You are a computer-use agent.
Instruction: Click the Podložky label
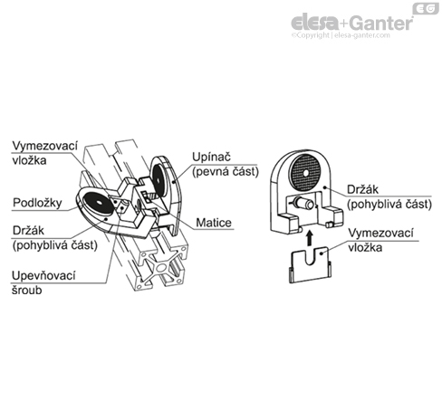point(37,203)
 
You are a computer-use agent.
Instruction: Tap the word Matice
point(214,223)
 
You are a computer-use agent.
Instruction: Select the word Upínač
point(211,157)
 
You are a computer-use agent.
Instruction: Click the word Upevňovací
point(43,275)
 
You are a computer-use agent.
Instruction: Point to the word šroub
point(27,291)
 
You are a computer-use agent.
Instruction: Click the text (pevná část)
point(226,172)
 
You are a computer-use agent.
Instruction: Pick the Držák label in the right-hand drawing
point(362,189)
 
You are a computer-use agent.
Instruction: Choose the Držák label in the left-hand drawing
point(28,231)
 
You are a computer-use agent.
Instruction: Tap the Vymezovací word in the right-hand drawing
point(380,234)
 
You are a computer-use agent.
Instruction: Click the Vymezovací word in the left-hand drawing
point(45,146)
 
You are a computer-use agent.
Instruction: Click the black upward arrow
point(309,238)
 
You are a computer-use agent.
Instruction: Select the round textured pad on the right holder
point(305,173)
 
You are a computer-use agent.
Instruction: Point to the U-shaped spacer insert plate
point(310,265)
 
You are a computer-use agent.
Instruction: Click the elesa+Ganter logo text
point(352,23)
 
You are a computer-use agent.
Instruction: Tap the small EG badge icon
point(426,8)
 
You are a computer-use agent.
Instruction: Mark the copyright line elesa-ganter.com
point(341,35)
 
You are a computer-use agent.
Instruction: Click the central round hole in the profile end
point(160,267)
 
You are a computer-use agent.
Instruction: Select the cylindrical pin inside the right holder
point(304,203)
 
